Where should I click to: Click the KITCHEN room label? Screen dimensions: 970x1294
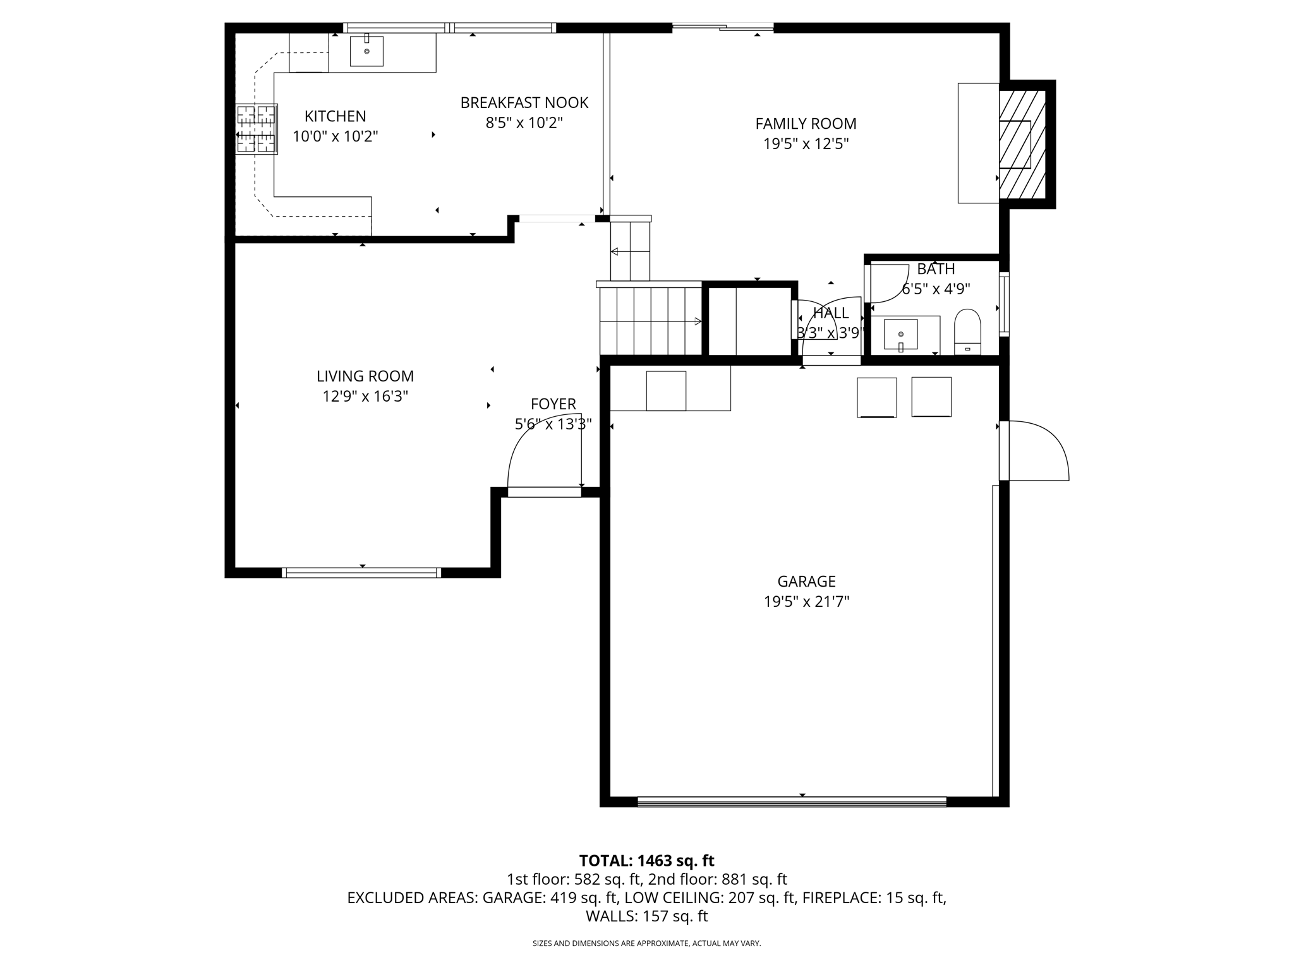[335, 116]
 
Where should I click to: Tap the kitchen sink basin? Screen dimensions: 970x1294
[366, 51]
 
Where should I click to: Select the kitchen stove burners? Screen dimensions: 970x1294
[257, 129]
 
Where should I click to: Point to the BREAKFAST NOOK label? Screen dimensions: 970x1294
[524, 102]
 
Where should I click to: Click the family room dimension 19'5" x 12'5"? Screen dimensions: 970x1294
[806, 144]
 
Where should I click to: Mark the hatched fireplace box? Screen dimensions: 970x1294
[1022, 144]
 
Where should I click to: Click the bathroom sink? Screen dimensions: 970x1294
[900, 334]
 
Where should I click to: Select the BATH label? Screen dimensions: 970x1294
[936, 269]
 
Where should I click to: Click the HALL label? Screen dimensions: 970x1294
[830, 313]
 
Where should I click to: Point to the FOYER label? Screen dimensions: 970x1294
[553, 404]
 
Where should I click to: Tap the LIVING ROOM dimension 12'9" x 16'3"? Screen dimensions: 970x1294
[365, 397]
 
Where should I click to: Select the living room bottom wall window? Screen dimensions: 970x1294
[361, 573]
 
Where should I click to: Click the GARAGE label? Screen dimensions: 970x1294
[806, 581]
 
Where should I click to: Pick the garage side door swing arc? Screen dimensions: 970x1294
[1039, 450]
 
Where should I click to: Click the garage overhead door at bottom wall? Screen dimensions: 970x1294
[792, 802]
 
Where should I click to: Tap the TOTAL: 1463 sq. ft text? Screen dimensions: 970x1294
[646, 861]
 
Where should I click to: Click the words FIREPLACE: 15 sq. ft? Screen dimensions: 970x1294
[874, 897]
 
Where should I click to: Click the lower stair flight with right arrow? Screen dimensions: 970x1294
[651, 321]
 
